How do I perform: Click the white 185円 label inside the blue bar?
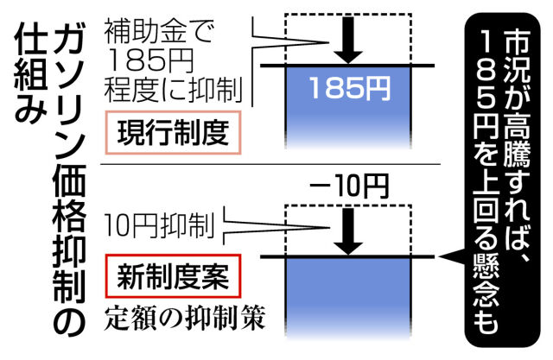(349, 88)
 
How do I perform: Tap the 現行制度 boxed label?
(173, 132)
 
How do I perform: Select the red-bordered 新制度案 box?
(173, 275)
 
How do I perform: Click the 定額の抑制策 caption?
(184, 319)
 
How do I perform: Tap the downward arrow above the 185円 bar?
(348, 41)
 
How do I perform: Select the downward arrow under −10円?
(348, 231)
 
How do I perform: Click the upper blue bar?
(348, 107)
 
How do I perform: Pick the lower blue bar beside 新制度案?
(348, 299)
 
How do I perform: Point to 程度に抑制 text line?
(173, 90)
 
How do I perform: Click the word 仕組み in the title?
(31, 73)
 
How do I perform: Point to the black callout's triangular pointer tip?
(440, 256)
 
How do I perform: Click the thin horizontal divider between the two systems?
(270, 164)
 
